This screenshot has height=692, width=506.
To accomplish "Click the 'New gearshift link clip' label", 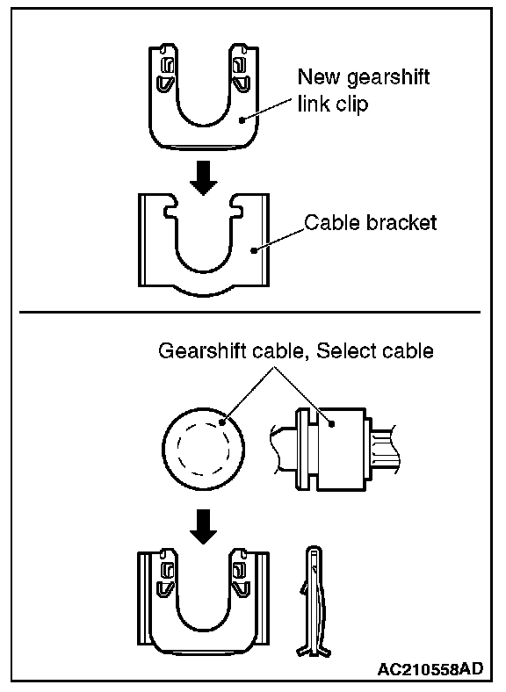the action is (x=364, y=90).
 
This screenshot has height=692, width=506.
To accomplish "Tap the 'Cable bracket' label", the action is (x=371, y=222).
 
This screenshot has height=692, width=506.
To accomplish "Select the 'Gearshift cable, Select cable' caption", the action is (x=296, y=351).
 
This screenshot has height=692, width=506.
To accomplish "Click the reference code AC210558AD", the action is (x=430, y=669).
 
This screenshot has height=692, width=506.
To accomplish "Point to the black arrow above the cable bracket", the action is (x=203, y=178).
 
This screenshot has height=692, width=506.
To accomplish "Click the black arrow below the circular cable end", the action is (x=203, y=527).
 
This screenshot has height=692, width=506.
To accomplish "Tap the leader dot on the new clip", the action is (x=241, y=119).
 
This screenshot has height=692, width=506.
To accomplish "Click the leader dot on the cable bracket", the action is (x=254, y=250).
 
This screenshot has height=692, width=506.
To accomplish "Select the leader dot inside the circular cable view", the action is (x=222, y=422).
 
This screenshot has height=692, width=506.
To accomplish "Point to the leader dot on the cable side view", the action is (x=331, y=423).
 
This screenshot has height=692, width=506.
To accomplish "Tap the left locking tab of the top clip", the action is (x=166, y=72).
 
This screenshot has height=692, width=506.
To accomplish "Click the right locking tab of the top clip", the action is (x=241, y=72).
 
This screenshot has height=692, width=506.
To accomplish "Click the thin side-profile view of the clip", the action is (x=314, y=602).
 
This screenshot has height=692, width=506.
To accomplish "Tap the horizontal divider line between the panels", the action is (x=249, y=312).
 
